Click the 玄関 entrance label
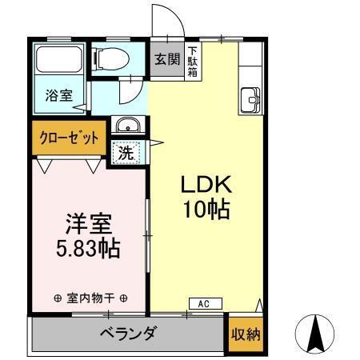tap(167, 58)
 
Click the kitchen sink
tap(251, 102)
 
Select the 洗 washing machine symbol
tap(126, 150)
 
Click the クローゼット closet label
tap(69, 138)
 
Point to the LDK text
tap(205, 185)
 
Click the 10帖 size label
tap(205, 211)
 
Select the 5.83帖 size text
tap(88, 249)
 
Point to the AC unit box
tap(204, 304)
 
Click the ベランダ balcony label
tap(128, 334)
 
